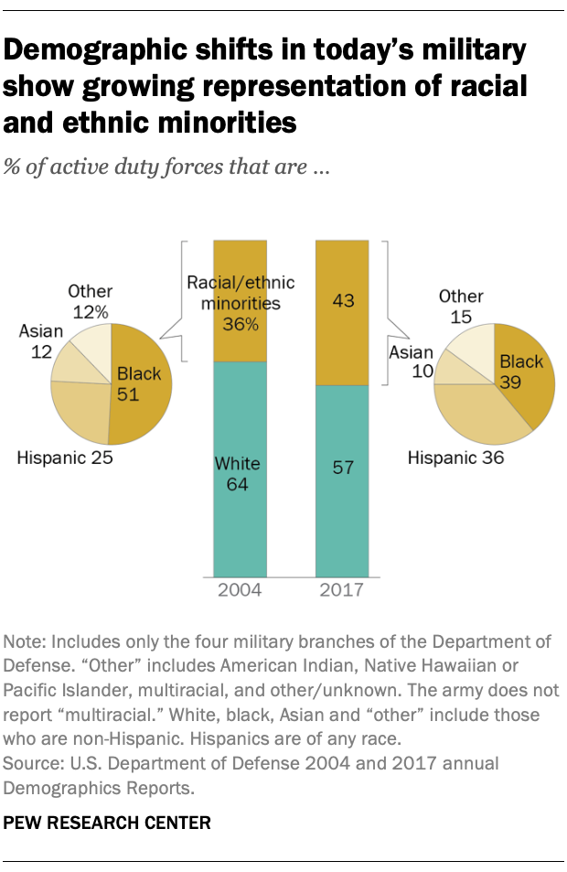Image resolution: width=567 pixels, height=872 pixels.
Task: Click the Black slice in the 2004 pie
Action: [146, 403]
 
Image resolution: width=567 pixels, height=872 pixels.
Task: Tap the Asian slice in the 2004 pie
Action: [68, 363]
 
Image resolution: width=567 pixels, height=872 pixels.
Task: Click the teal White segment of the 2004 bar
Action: [240, 512]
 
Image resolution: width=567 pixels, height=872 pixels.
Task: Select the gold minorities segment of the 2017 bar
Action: [342, 275]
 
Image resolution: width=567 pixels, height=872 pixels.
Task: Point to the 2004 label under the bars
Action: [240, 589]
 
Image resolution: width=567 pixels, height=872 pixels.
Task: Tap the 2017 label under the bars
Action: [342, 589]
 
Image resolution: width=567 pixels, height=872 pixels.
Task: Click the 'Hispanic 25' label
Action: [65, 458]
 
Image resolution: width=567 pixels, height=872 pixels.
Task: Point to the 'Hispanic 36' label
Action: [455, 458]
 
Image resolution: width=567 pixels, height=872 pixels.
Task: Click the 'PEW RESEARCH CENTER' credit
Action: [108, 823]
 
